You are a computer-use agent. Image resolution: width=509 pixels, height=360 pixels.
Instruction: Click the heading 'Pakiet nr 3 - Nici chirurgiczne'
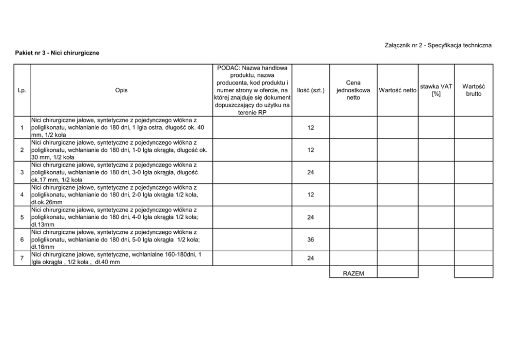57,52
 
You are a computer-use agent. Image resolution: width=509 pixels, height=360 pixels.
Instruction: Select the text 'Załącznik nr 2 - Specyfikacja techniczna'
438,45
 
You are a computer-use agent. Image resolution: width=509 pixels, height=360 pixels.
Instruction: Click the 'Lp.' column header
22,90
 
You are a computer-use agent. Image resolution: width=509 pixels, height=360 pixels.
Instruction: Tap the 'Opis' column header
122,90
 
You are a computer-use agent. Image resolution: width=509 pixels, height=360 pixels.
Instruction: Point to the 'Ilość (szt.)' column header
310,90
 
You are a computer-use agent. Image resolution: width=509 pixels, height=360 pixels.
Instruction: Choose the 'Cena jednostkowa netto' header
353,90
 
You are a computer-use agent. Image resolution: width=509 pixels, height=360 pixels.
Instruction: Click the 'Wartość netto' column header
397,90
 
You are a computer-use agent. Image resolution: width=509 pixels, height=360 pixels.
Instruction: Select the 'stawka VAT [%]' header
436,90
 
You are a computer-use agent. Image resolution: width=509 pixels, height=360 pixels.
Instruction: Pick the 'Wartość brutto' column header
474,90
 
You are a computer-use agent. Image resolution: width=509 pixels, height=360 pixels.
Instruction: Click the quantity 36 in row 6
310,239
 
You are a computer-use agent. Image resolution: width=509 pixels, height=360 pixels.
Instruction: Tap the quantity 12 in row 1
310,128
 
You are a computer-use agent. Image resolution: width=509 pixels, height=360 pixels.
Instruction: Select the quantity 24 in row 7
310,258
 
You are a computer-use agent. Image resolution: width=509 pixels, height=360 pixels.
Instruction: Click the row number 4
22,195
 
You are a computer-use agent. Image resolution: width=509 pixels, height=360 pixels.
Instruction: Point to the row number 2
22,150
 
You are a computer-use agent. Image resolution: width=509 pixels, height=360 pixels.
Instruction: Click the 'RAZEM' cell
353,273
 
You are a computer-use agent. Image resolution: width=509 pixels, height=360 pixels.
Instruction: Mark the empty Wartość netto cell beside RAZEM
397,272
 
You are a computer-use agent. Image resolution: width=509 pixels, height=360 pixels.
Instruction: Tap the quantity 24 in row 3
310,172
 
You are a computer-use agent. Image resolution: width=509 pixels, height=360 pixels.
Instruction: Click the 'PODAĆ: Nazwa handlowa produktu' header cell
252,90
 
